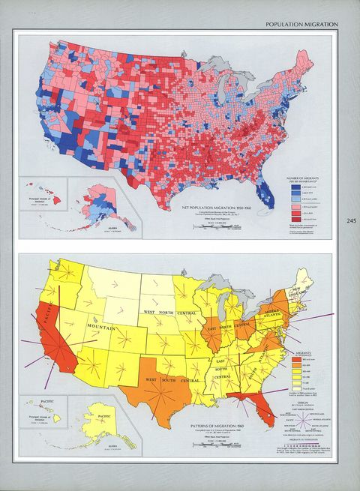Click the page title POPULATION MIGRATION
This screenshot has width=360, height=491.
click(302, 25)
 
